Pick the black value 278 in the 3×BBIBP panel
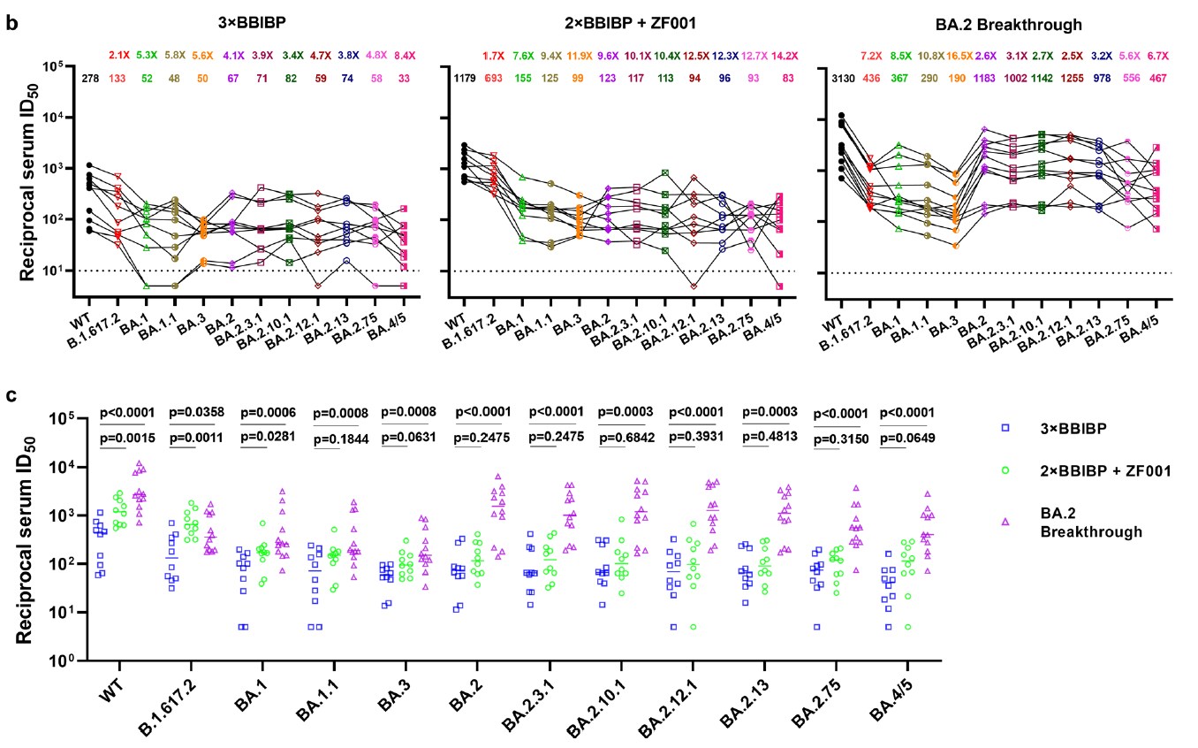click(x=90, y=79)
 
